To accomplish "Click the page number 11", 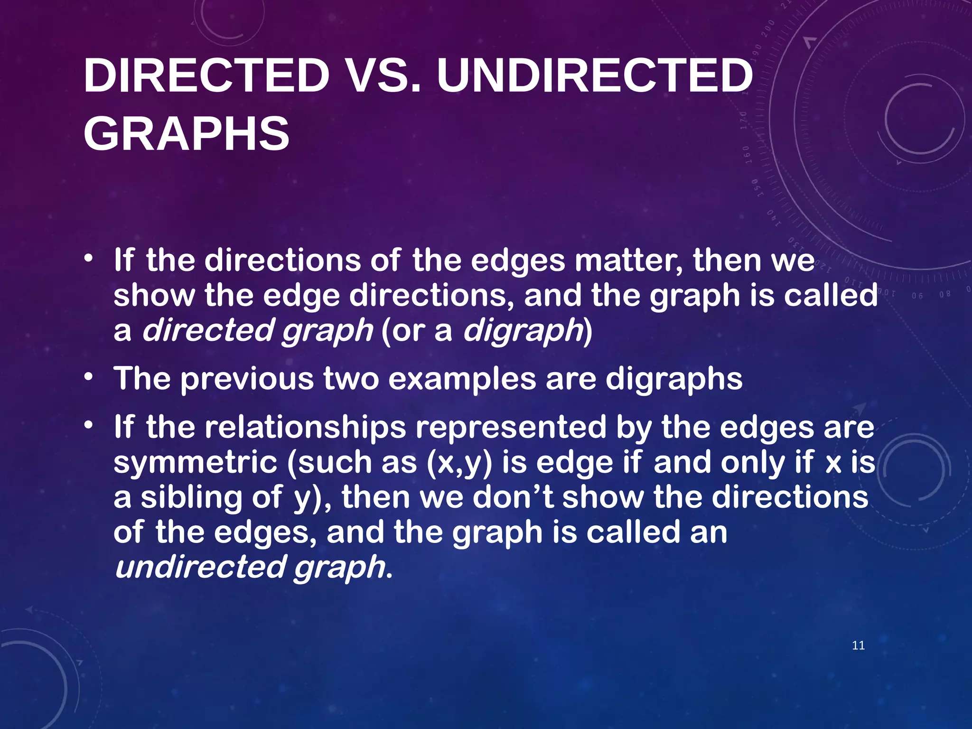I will pos(858,645).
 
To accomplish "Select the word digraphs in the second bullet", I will pos(674,379).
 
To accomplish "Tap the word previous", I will pos(247,379).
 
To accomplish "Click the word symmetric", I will pos(195,463).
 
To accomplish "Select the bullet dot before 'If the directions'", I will pos(88,259).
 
